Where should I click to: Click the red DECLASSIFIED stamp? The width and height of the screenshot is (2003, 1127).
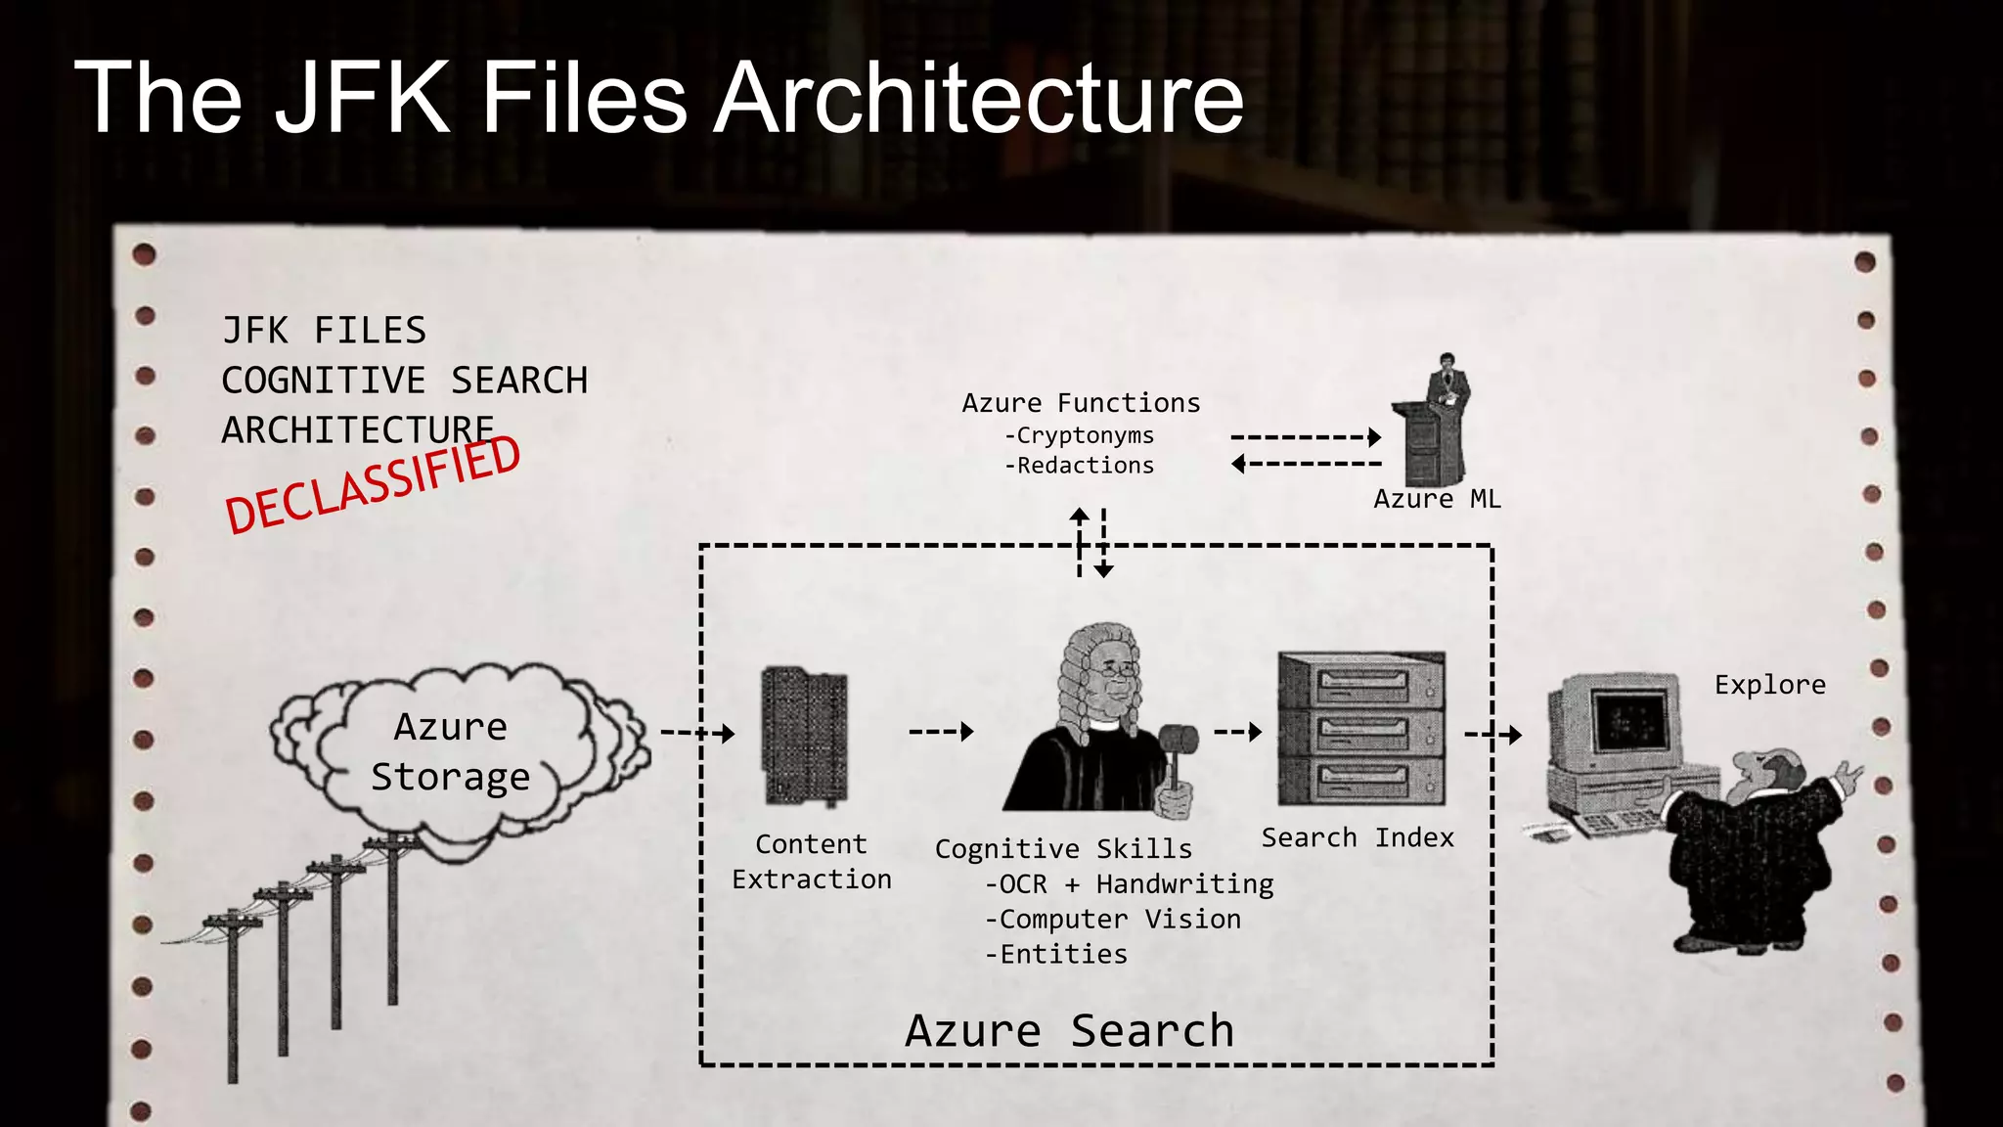[373, 485]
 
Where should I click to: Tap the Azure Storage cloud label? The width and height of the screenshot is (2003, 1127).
[450, 751]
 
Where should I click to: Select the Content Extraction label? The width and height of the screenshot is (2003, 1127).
[812, 861]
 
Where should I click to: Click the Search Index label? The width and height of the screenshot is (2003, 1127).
[1357, 837]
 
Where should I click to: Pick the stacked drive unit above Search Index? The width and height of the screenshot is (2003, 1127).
[1361, 729]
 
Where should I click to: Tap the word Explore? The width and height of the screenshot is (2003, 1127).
[1769, 685]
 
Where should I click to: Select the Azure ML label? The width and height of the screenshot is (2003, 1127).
[1436, 499]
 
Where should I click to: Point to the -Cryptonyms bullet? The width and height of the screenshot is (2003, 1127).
[1079, 435]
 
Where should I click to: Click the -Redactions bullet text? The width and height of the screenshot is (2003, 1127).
[1079, 466]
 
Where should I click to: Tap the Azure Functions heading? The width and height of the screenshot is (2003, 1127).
[1081, 403]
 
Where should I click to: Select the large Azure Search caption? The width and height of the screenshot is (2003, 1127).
[1069, 1031]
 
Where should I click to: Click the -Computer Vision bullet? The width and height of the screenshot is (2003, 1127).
[1113, 920]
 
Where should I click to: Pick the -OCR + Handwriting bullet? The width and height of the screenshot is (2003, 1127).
[1129, 884]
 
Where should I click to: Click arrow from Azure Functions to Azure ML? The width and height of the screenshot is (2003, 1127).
[1305, 437]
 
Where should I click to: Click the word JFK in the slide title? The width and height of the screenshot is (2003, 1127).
[362, 98]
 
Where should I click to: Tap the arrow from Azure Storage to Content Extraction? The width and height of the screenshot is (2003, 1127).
[696, 733]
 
